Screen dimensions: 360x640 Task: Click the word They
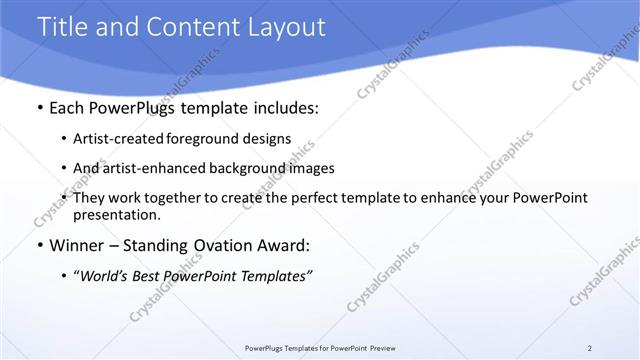(x=90, y=198)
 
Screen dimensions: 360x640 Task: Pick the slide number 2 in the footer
(x=589, y=348)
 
